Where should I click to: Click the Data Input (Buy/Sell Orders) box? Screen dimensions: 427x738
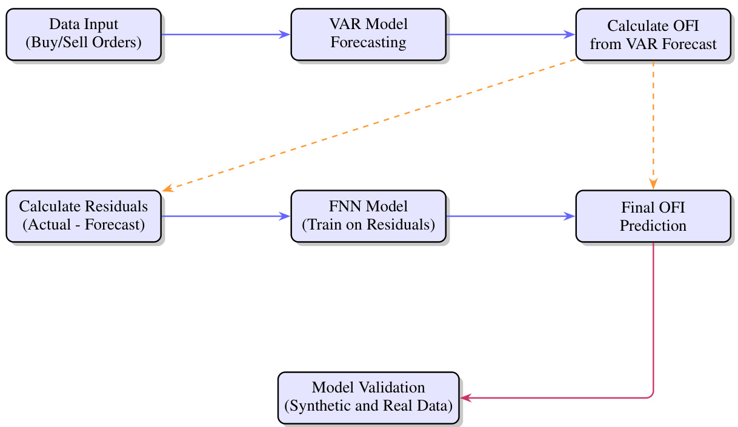click(84, 34)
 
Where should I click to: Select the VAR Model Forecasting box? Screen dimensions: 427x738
click(368, 34)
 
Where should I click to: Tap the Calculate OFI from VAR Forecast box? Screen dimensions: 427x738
click(653, 34)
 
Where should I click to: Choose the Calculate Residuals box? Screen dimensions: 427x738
click(84, 216)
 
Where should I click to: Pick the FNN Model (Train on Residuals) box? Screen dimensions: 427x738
click(368, 216)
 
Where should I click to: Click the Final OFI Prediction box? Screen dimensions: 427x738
click(653, 216)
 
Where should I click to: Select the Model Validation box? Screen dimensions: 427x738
click(368, 397)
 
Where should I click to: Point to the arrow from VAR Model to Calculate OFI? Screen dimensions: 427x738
click(510, 35)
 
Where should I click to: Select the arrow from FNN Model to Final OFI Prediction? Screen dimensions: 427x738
click(510, 216)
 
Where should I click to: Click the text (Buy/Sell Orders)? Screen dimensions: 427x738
click(84, 43)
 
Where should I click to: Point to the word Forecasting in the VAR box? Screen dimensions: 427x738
click(368, 43)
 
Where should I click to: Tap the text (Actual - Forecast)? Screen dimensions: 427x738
click(84, 225)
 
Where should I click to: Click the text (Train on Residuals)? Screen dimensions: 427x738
click(368, 225)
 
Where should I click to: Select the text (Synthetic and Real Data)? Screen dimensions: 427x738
click(368, 406)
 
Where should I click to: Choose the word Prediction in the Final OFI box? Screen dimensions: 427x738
click(653, 226)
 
